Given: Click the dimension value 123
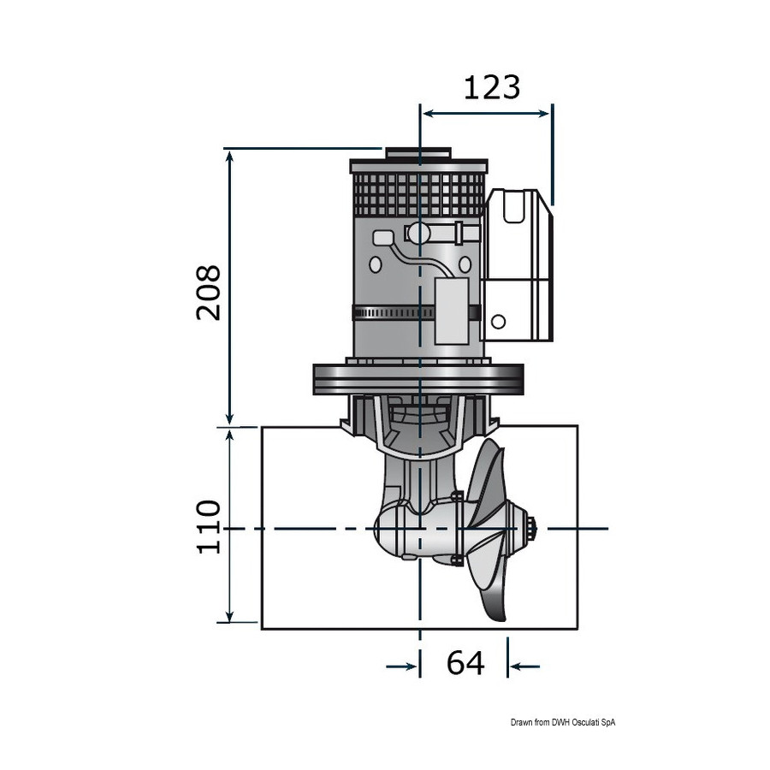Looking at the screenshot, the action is point(492,87).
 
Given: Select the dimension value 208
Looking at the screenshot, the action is point(209,293).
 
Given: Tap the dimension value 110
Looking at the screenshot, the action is point(209,527).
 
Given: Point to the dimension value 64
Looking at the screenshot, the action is point(465,662).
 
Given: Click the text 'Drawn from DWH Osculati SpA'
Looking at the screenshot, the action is point(563,722).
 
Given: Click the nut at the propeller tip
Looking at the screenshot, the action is point(532,529).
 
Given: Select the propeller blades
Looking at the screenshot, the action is point(486,530).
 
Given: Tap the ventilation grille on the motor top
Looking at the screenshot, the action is point(419,195).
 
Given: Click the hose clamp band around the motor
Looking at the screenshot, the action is point(417,312).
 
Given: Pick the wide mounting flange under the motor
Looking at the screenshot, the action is point(418,379).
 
